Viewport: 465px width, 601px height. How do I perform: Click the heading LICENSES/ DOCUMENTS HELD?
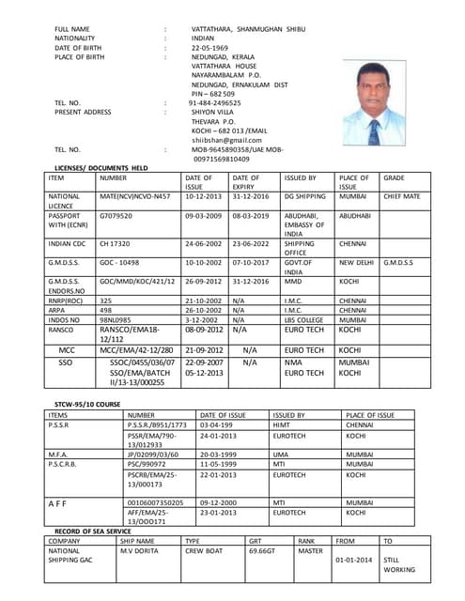tap(101, 166)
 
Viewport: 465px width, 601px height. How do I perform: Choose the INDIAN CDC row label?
tap(66, 243)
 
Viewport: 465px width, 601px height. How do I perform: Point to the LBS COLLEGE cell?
tap(305, 320)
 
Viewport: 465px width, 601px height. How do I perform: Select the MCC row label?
tap(66, 349)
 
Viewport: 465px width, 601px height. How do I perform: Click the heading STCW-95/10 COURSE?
tap(86, 404)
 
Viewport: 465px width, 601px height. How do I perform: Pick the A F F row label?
tap(59, 503)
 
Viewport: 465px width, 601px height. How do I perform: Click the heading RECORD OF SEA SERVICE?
tap(92, 531)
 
